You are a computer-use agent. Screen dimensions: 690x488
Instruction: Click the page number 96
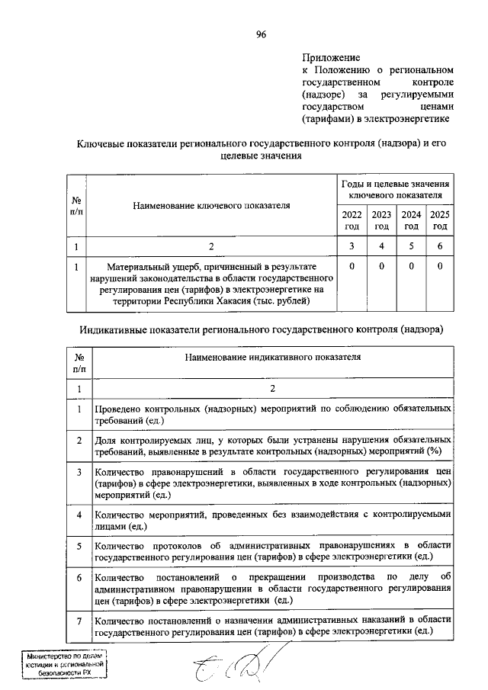[262, 34]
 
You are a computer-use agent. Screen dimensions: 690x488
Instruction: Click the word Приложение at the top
[330, 57]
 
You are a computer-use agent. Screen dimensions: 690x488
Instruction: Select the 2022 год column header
[352, 220]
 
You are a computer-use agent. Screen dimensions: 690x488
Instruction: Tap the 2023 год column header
[381, 220]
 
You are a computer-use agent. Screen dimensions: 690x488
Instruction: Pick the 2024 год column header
[411, 220]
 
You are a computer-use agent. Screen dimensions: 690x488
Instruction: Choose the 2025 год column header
[440, 220]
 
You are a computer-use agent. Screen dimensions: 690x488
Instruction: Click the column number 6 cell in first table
[440, 246]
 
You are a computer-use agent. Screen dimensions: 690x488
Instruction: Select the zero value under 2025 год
[440, 267]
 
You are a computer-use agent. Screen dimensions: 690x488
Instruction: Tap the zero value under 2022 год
[352, 267]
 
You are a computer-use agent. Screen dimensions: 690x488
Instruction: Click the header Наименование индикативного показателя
[272, 356]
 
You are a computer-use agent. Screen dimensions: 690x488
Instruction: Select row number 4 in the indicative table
[79, 515]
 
